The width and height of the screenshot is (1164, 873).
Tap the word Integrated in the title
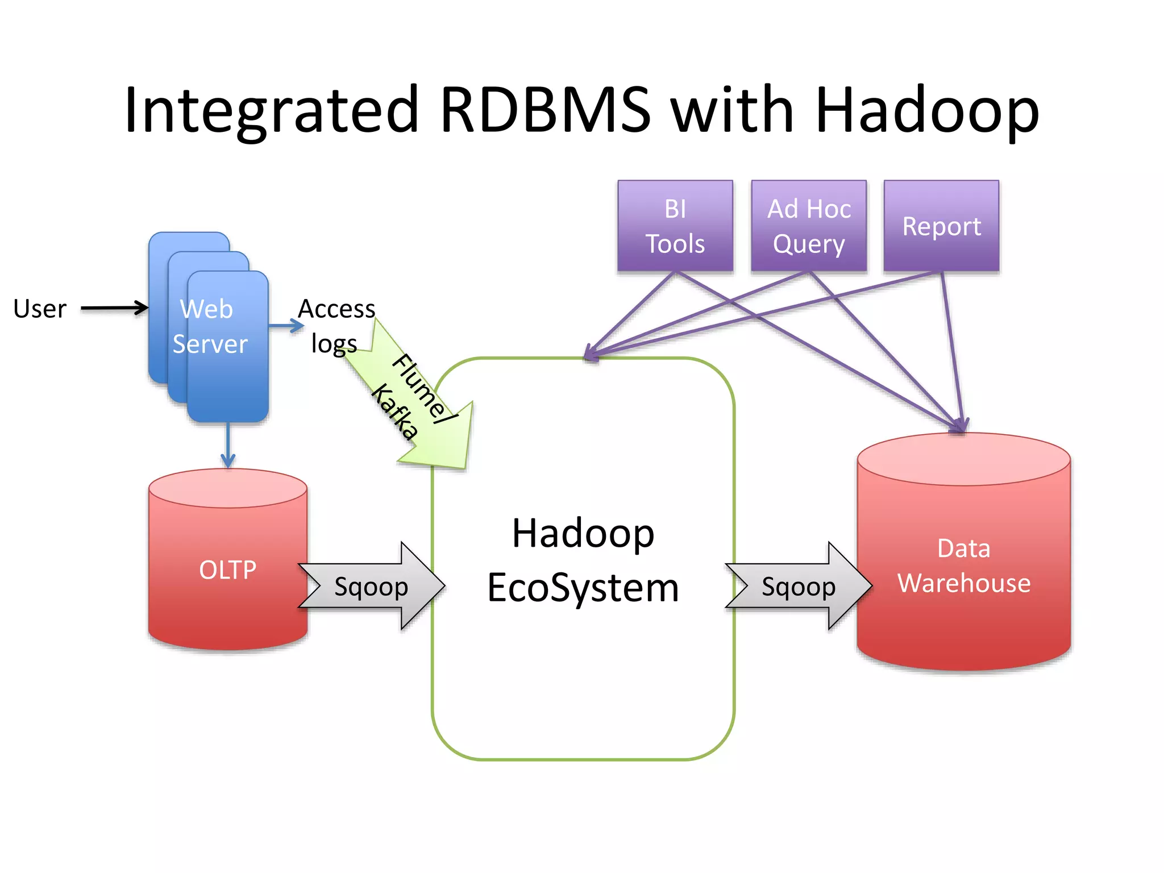(272, 109)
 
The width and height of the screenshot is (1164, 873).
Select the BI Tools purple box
(675, 226)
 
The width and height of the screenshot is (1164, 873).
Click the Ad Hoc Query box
(809, 226)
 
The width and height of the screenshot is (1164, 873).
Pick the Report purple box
(941, 226)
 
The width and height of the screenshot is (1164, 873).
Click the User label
(40, 309)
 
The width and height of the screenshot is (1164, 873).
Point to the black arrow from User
(114, 308)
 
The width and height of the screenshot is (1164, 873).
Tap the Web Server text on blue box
(209, 327)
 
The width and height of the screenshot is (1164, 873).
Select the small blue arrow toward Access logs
(286, 326)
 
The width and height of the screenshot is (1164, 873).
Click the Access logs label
(336, 326)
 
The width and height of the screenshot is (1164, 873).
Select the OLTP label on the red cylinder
(228, 570)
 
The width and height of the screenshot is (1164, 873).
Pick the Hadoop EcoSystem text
(583, 560)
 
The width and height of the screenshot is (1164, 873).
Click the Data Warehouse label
(964, 566)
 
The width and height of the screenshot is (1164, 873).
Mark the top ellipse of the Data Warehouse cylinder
(964, 459)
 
